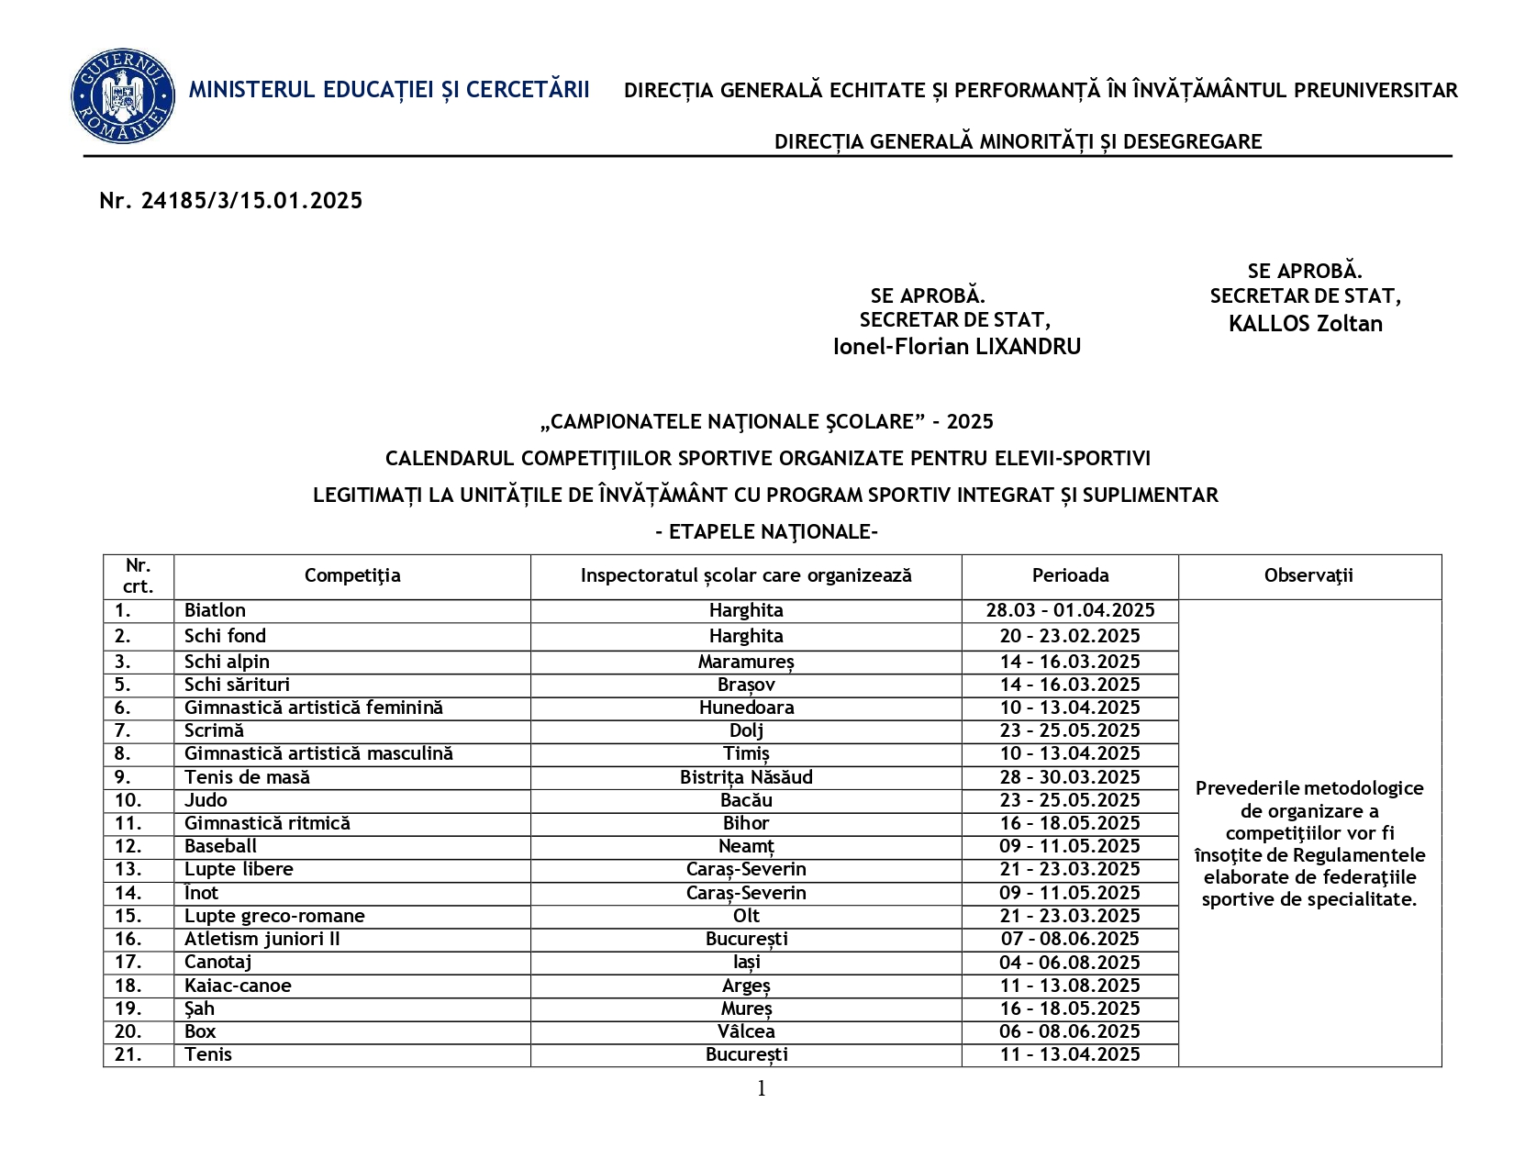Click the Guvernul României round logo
click(123, 96)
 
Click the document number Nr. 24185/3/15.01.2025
click(230, 201)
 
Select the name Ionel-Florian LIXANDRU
click(956, 347)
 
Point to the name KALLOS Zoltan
click(1305, 324)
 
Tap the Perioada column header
click(1070, 576)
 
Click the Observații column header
click(1308, 576)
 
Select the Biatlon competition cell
click(215, 611)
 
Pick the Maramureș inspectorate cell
click(746, 662)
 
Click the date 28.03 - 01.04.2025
click(1070, 611)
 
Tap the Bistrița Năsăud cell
click(746, 777)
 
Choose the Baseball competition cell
click(220, 846)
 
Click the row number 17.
click(128, 962)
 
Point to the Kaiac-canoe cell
click(238, 986)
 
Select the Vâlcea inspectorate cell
click(746, 1031)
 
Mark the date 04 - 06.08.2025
click(1070, 963)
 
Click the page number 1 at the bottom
click(761, 1089)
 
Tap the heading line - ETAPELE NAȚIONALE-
click(767, 532)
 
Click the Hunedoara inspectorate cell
click(746, 708)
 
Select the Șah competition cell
click(199, 1008)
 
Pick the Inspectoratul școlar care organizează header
click(746, 576)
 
